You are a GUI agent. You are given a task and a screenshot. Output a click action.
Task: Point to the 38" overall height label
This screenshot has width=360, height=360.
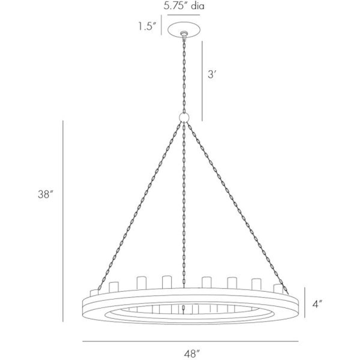pos(45,195)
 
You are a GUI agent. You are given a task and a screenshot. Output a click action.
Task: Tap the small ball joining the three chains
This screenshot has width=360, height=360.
pos(184,117)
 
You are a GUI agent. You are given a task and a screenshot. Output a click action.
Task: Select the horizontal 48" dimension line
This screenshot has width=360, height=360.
pos(190,341)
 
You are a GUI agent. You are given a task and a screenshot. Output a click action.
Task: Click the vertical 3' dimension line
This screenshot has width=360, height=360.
pos(202,81)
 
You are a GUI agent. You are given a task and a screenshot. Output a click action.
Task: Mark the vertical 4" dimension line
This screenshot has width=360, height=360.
pos(305,302)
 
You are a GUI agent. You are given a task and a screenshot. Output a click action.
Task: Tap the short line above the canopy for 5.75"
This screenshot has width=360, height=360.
pos(183,15)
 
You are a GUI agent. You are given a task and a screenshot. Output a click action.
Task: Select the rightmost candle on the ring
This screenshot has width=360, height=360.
pos(278,289)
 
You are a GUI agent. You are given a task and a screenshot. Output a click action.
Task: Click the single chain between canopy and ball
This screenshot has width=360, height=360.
pos(184,75)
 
